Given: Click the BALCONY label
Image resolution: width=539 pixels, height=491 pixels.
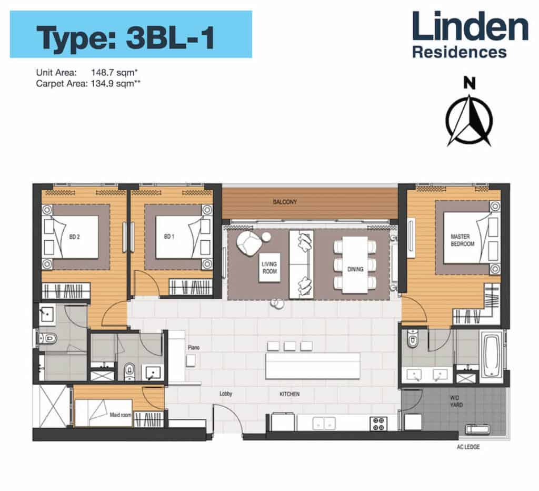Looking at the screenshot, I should (285, 202).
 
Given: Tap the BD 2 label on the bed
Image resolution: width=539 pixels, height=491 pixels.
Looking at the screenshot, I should (74, 237).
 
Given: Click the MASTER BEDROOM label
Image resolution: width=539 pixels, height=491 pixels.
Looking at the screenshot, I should (462, 240).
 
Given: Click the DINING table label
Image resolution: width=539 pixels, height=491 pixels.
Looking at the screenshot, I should (355, 269).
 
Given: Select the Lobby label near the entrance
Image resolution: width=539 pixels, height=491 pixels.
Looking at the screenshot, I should (226, 394).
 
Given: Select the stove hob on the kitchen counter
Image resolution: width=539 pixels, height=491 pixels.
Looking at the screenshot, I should (379, 423).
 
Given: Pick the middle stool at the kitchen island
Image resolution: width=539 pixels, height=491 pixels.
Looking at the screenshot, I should (289, 346).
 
